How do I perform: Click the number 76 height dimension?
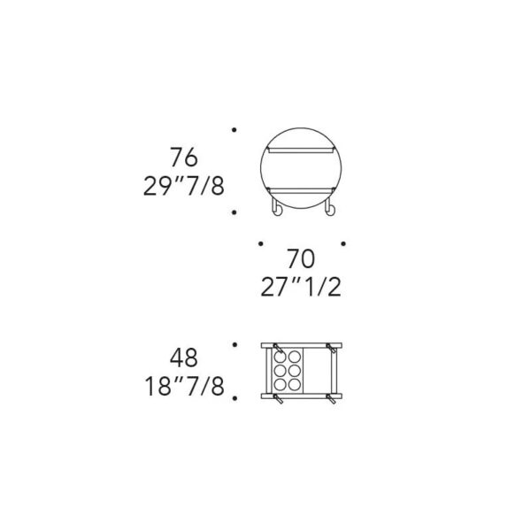(184, 158)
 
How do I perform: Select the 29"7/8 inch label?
(184, 186)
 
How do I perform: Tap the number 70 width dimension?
(301, 258)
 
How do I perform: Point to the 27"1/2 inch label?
(301, 287)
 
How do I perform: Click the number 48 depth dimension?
(184, 358)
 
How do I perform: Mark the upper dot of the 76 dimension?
(234, 130)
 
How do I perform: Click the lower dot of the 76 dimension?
(234, 212)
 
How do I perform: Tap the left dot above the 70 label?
(260, 243)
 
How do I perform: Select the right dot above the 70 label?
(343, 243)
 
